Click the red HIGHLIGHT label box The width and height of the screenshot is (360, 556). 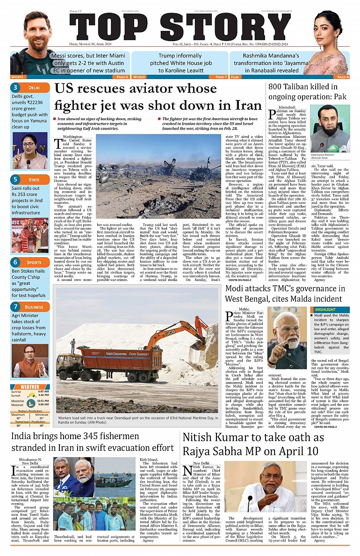pos(326,310)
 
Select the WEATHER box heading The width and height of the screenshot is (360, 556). pos(30,387)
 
